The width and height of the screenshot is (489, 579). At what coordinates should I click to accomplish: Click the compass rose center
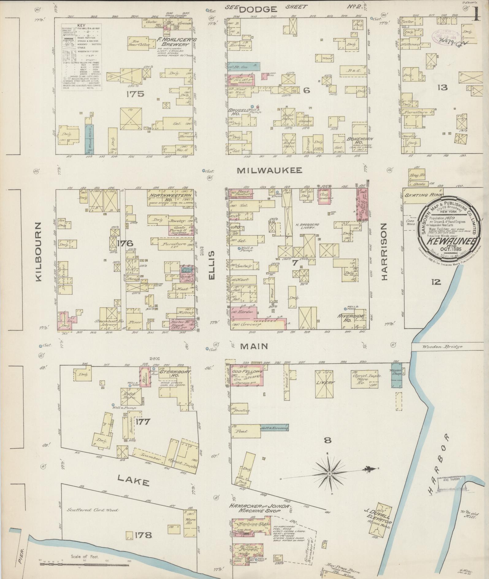click(x=330, y=474)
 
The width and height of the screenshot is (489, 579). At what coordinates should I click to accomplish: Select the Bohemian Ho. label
click(x=360, y=141)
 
